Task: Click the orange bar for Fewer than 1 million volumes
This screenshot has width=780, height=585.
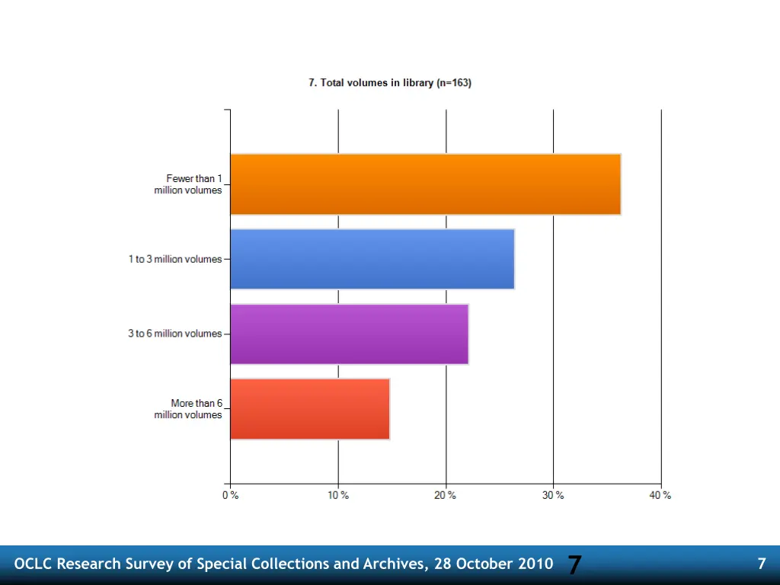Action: click(425, 184)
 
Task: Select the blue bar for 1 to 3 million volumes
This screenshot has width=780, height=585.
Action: click(372, 259)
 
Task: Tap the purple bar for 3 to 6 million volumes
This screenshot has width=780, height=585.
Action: click(349, 334)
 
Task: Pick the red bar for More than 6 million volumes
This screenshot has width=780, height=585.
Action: click(309, 409)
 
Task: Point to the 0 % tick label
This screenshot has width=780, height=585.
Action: click(230, 496)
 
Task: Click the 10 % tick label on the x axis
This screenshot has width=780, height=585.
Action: click(338, 496)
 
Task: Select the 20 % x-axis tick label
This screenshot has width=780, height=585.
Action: click(446, 496)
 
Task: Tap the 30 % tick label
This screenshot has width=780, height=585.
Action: click(554, 496)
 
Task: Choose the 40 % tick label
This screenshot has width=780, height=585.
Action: click(660, 496)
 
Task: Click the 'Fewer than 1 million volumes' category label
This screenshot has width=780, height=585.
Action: click(188, 184)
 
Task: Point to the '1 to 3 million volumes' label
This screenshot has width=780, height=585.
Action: click(175, 260)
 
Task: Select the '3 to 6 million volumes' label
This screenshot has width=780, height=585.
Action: click(175, 334)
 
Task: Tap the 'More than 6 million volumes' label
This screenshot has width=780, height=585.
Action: click(189, 409)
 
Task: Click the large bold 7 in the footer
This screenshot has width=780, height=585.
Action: click(574, 565)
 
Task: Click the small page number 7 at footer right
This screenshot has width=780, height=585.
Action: click(761, 564)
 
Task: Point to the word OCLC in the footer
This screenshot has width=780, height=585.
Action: click(34, 564)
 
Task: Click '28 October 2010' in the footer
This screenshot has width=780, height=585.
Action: click(494, 564)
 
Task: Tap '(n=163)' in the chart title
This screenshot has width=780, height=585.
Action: click(454, 83)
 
